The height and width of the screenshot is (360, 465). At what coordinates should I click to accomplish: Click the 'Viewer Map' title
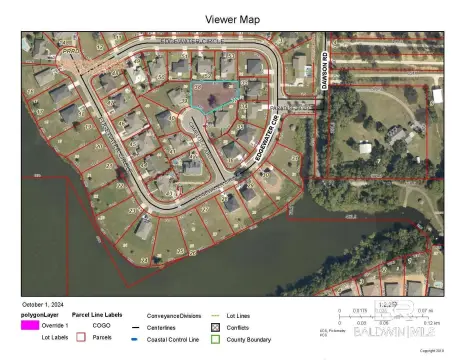point(232,19)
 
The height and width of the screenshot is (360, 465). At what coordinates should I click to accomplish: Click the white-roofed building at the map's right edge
point(436,96)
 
